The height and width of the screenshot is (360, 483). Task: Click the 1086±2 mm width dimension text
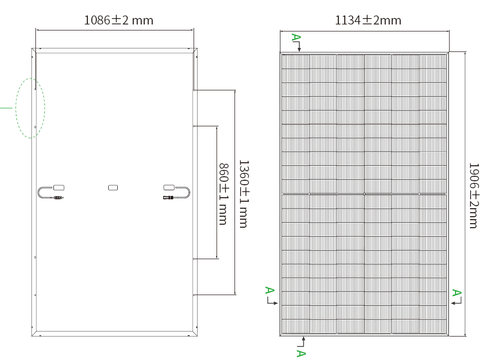(x=119, y=20)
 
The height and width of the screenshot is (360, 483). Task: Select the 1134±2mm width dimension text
(x=368, y=20)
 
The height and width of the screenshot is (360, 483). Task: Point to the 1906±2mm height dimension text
(x=474, y=196)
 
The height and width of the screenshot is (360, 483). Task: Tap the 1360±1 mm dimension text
(x=244, y=194)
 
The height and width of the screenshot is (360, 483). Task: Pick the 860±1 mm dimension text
(x=224, y=194)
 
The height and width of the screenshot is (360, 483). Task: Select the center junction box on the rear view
(x=113, y=188)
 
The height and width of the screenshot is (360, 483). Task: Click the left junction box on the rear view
(x=59, y=188)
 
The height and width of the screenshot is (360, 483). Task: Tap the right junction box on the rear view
(x=169, y=187)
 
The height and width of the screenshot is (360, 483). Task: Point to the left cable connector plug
(x=59, y=198)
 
